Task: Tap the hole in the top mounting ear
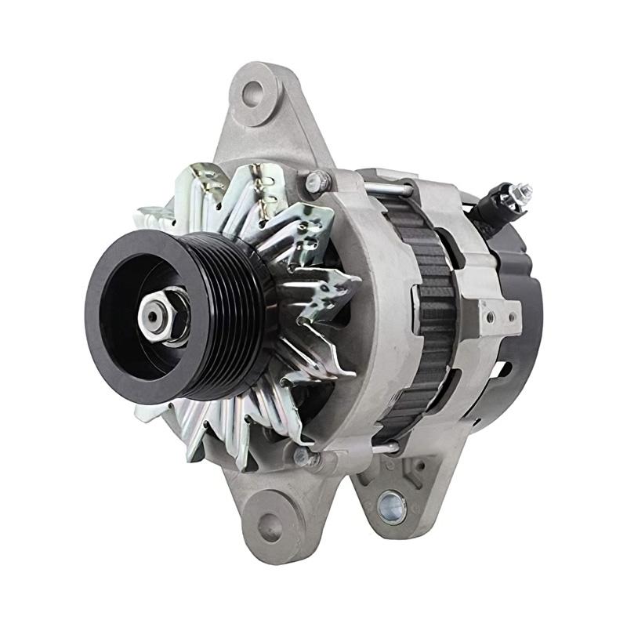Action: point(252,94)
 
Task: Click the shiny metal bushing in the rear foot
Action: point(390,506)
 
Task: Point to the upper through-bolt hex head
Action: point(314,182)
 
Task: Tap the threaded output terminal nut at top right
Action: point(518,191)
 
